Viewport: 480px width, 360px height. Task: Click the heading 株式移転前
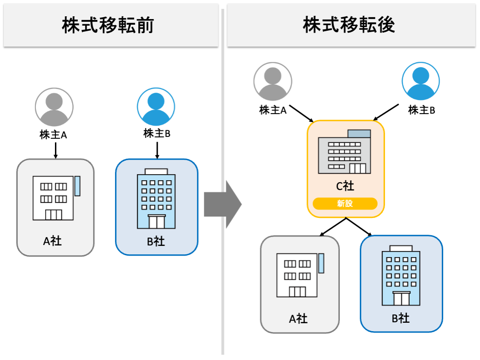point(108,26)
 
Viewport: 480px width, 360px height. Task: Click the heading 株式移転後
point(349,25)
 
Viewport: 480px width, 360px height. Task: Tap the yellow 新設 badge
point(345,204)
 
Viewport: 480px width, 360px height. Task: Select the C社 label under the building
point(345,186)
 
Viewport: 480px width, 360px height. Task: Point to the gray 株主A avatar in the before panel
point(54,107)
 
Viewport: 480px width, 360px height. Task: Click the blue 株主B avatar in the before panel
point(156,107)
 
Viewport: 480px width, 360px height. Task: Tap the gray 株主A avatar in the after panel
point(273,82)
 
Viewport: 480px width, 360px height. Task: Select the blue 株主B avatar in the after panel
point(421,81)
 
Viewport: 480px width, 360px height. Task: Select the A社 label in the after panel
point(298,319)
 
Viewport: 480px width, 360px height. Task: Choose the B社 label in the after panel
point(400,319)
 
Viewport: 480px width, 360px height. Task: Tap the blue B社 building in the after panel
point(401,276)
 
